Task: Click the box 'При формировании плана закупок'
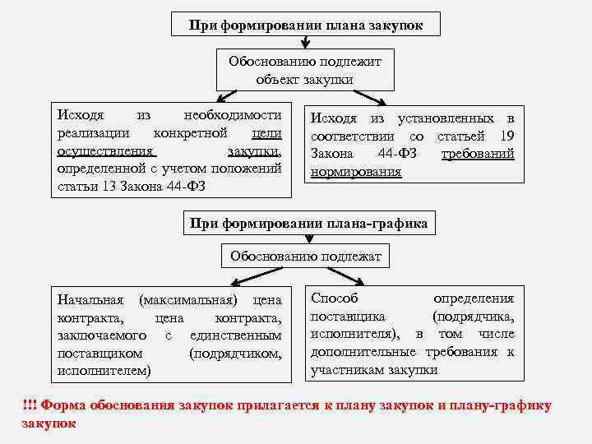(306, 25)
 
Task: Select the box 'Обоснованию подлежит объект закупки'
(305, 69)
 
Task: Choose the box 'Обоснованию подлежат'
(306, 257)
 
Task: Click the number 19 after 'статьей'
(507, 136)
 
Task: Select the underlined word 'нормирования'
(356, 172)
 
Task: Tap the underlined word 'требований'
(478, 154)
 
